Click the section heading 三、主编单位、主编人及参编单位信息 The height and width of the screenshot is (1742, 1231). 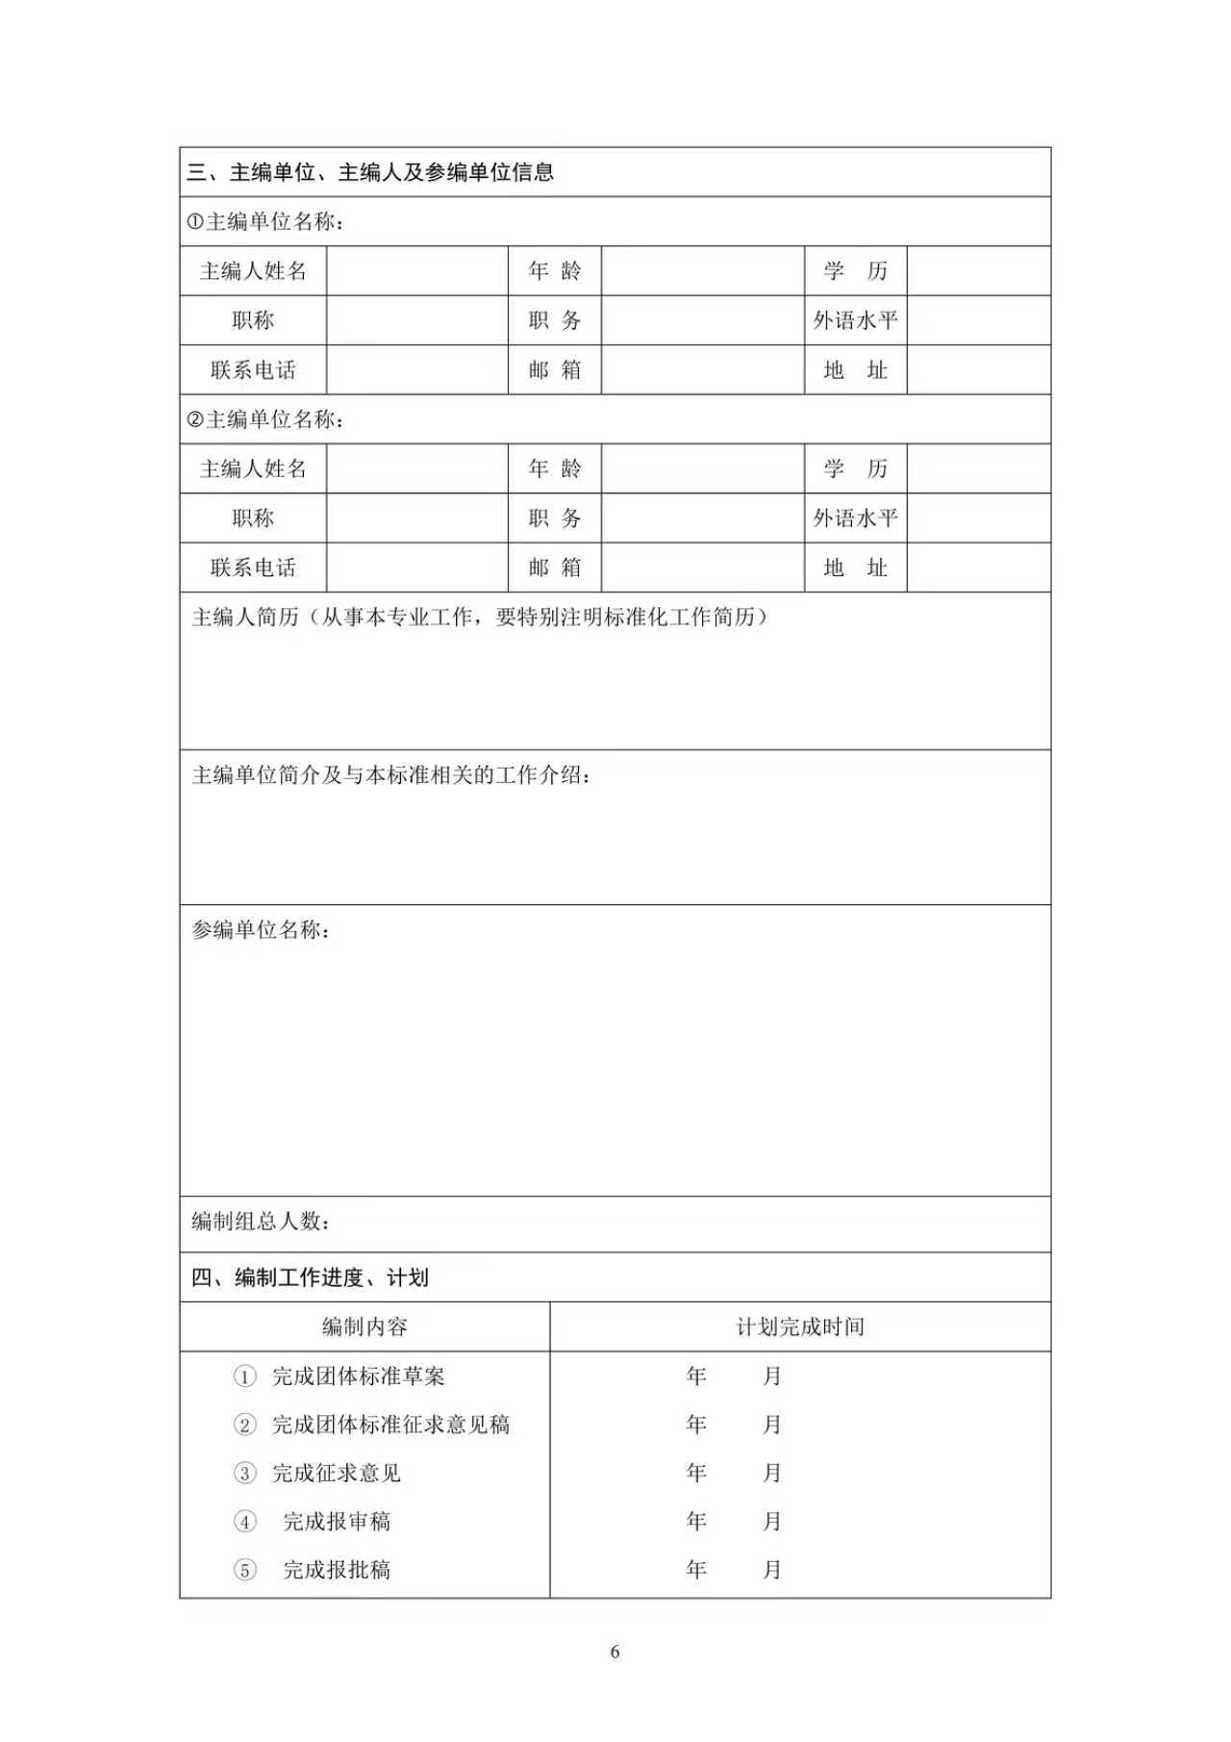tap(370, 173)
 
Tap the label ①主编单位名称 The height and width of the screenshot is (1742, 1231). tap(266, 222)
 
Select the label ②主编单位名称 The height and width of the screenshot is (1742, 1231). tap(266, 419)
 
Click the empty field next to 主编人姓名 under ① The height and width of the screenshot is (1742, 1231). tap(416, 271)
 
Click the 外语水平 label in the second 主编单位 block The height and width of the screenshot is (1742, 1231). tap(855, 518)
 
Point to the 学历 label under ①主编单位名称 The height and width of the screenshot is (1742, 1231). tap(855, 271)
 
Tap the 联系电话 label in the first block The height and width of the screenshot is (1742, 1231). tap(253, 370)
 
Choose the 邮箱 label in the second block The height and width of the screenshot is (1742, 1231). tap(554, 568)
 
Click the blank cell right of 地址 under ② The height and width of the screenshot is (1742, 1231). tap(978, 568)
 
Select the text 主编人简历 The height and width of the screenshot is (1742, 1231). tap(245, 618)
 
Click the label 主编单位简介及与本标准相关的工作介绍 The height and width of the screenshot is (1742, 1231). tap(390, 775)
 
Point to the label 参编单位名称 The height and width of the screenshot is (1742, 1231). tap(261, 930)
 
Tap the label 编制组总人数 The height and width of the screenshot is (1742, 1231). tap(261, 1222)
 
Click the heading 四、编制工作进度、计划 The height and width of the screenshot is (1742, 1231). tap(310, 1278)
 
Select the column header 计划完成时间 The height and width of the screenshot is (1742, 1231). tap(800, 1327)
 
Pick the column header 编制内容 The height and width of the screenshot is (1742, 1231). tap(364, 1327)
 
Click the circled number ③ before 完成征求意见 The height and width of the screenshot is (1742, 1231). tap(245, 1474)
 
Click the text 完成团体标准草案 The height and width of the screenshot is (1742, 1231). tap(358, 1376)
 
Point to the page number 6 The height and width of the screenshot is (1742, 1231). tap(615, 1653)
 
